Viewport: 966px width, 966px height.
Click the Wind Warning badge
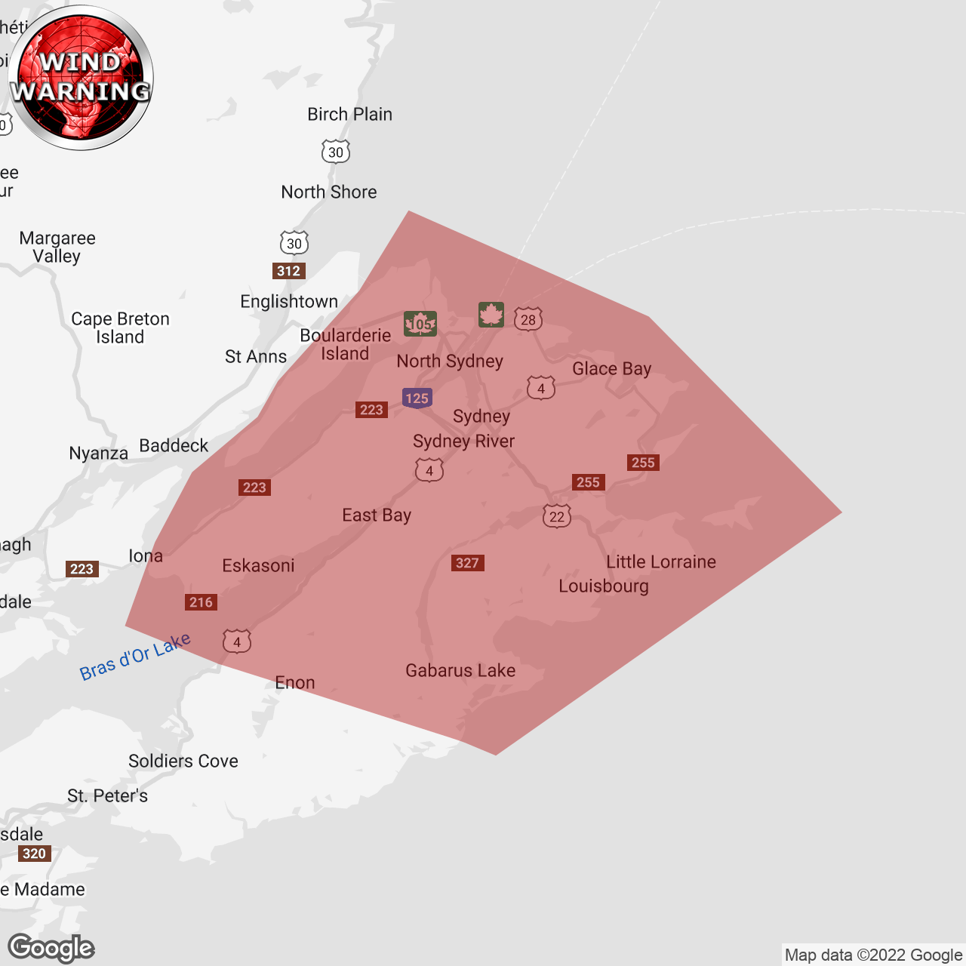coord(81,78)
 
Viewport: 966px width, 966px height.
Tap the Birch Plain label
coord(349,115)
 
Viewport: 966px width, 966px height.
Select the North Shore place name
coord(329,192)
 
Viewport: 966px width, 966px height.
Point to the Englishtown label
coord(289,302)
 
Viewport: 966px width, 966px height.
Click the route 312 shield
coord(288,271)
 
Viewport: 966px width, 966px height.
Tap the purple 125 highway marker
coord(417,398)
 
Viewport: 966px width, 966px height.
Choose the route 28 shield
coord(528,319)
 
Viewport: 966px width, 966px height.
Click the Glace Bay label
coord(611,369)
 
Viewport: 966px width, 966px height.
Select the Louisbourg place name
coord(604,586)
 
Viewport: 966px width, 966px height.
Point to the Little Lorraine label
coord(661,562)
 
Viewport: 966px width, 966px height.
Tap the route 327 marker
coord(467,563)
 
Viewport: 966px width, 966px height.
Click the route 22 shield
coord(557,516)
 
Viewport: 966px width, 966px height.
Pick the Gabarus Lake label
coord(460,671)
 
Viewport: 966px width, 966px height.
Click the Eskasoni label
coord(258,566)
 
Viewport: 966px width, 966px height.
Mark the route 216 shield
coord(201,602)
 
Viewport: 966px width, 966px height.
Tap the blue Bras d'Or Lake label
coord(135,657)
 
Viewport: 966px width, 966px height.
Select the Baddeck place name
coord(174,446)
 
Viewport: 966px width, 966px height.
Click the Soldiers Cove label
coord(183,761)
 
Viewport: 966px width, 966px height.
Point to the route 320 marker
coord(34,854)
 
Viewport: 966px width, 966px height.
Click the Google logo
coord(51,948)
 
